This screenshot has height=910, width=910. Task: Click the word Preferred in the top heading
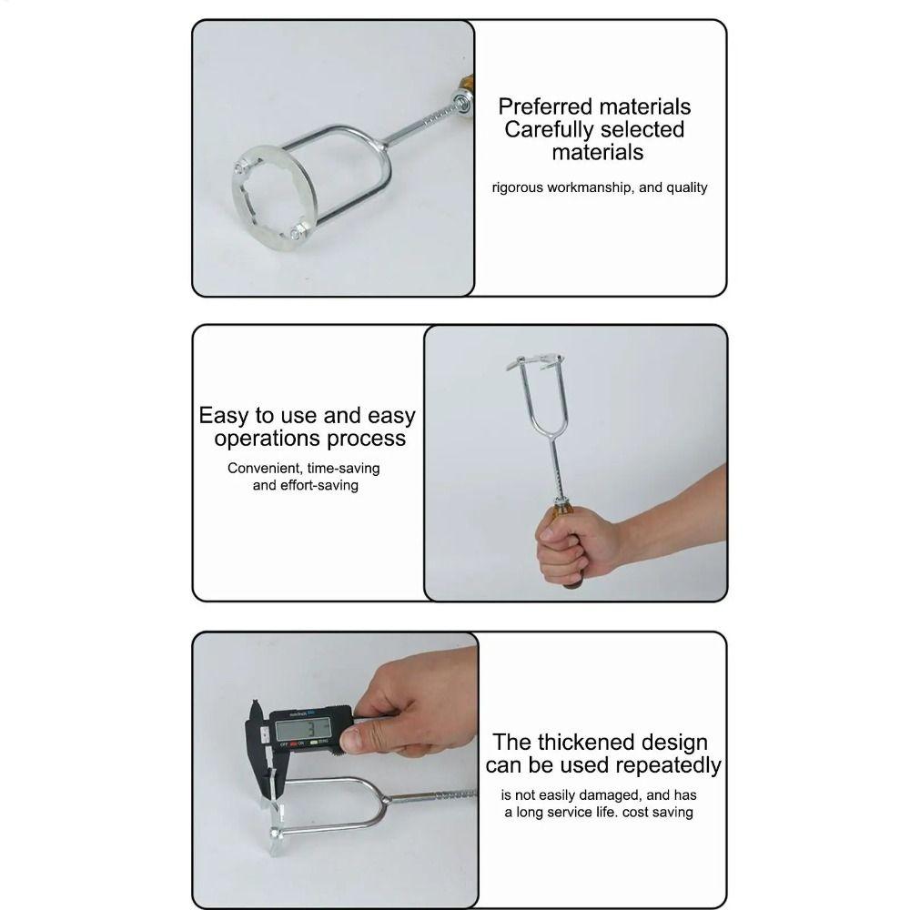[x=544, y=106]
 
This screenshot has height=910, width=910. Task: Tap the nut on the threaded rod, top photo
[x=462, y=102]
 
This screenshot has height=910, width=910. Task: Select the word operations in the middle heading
[x=266, y=439]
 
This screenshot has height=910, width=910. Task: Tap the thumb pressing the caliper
[x=360, y=740]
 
